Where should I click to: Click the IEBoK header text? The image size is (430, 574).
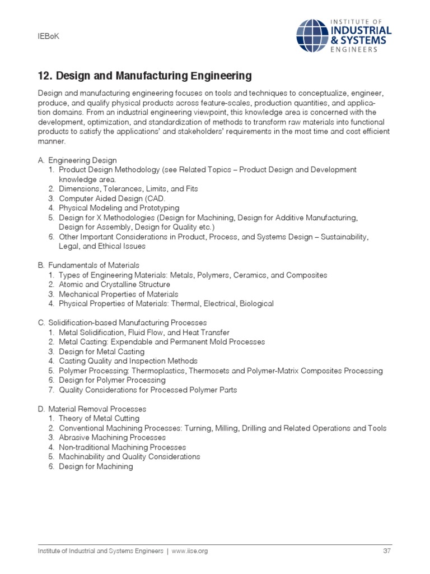(x=48, y=36)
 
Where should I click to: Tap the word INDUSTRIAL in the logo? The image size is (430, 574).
(x=361, y=30)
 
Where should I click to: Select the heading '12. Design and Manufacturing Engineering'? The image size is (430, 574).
(x=144, y=76)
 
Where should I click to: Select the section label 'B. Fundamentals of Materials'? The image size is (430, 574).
(x=88, y=265)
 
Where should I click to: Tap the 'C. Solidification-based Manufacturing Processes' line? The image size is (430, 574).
(x=122, y=323)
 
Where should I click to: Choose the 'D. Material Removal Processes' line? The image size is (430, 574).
(x=92, y=409)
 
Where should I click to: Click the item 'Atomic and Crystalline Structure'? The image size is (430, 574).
(x=114, y=284)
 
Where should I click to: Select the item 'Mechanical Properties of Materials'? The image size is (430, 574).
(x=119, y=294)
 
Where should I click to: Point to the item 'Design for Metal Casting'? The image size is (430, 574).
(x=101, y=351)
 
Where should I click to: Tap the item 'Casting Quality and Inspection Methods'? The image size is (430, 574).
(x=128, y=361)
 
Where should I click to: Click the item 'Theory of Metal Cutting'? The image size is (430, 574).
(x=99, y=419)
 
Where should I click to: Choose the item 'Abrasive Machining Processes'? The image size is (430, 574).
(x=112, y=438)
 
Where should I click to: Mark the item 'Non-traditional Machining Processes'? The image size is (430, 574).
(x=122, y=447)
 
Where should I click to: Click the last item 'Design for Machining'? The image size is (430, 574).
(x=96, y=466)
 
